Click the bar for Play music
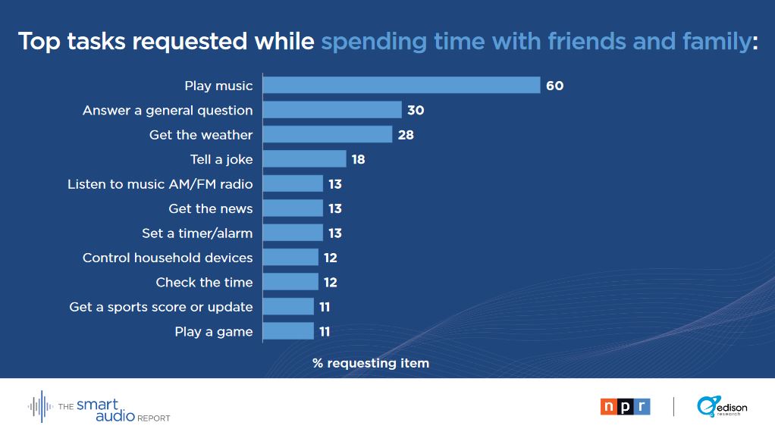pos(401,86)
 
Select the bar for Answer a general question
pos(332,110)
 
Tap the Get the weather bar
pos(328,135)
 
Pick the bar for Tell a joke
pos(305,159)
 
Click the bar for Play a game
pos(288,331)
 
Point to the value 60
pos(554,86)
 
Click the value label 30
pos(416,110)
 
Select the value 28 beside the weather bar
pos(406,135)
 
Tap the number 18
pos(358,159)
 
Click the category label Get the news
pos(211,208)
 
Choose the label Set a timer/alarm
pos(197,233)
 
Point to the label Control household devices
pos(168,258)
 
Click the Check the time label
pos(204,282)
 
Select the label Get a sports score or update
pos(161,307)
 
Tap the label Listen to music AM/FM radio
pos(160,184)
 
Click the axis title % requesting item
pos(371,363)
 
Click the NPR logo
pos(625,407)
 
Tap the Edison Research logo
pos(722,407)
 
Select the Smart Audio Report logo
pos(99,407)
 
